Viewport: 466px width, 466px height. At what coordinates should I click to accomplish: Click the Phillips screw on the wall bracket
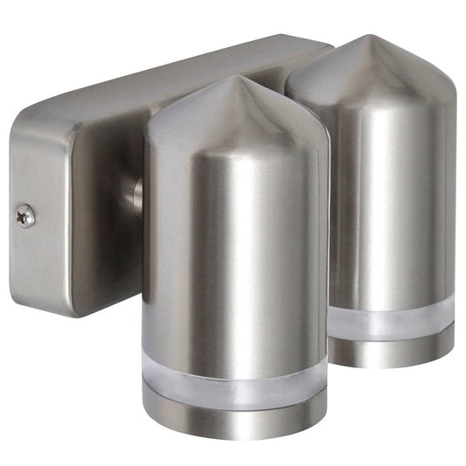coord(26,215)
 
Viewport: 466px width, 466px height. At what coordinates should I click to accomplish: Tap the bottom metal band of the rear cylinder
coord(392,352)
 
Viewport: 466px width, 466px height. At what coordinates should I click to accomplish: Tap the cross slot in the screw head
coord(26,215)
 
